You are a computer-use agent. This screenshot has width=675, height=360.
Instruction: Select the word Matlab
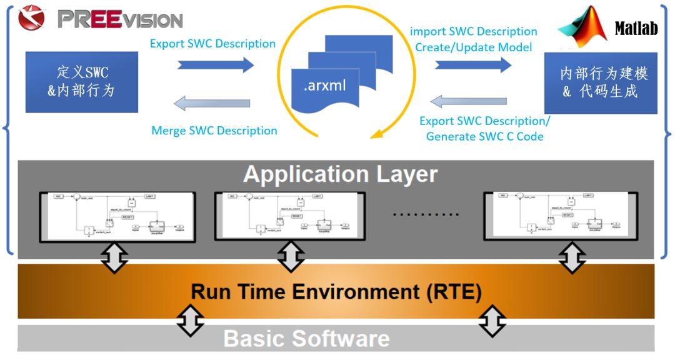(x=636, y=29)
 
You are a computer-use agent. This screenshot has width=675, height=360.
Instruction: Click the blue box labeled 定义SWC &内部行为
(x=81, y=82)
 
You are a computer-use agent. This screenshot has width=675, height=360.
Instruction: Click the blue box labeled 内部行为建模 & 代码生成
(x=600, y=82)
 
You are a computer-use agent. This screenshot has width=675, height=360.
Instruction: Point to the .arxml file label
(x=325, y=86)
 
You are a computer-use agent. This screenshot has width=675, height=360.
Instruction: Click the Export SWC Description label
(x=212, y=44)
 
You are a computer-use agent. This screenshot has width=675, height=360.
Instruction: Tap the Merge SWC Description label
(x=214, y=131)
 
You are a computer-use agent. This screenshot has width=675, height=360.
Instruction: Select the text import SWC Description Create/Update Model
(x=473, y=39)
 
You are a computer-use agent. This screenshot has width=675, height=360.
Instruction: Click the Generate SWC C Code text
(x=484, y=136)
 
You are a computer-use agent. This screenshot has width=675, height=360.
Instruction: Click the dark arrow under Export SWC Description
(x=216, y=65)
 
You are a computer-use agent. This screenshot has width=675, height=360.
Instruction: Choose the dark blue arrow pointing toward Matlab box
(x=473, y=65)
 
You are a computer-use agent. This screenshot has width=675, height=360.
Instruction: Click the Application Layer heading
(x=340, y=174)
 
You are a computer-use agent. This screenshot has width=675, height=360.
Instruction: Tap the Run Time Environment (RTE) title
(x=336, y=292)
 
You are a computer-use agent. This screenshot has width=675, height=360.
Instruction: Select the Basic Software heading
(x=306, y=338)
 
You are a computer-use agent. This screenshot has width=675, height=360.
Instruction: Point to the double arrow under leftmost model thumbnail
(x=114, y=258)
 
